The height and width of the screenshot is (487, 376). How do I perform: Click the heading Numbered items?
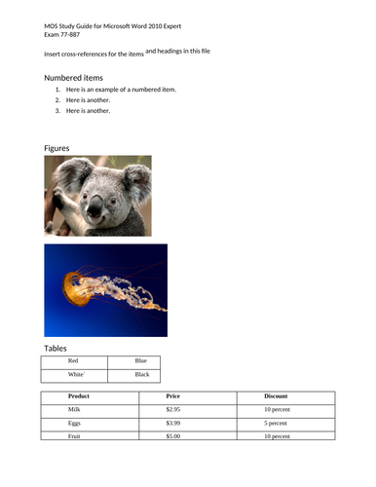[x=74, y=77]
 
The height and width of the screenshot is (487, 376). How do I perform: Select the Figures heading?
[x=56, y=147]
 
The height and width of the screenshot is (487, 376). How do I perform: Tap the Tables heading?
[x=56, y=348]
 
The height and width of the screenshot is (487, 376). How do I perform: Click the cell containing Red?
[x=73, y=361]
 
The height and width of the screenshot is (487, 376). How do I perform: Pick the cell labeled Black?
[x=141, y=374]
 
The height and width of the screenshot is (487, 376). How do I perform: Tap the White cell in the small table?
[x=77, y=374]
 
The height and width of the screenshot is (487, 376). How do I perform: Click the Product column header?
[x=79, y=397]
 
